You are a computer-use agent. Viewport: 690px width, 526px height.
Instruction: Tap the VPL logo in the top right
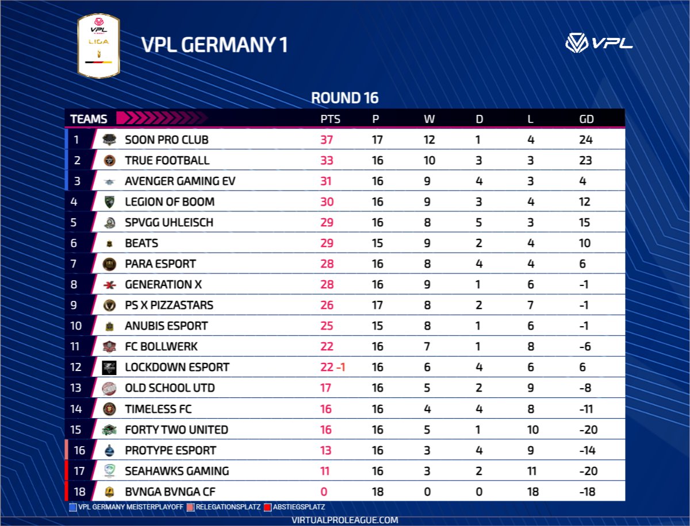tap(599, 42)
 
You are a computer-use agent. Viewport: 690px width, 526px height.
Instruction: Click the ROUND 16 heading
tap(344, 98)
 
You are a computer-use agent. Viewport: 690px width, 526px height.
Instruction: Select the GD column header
tap(586, 119)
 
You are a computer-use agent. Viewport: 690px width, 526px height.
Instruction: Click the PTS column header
tap(331, 119)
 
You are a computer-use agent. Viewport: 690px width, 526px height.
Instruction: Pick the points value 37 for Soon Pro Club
tap(327, 140)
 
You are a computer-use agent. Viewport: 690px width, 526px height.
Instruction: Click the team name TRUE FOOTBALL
tap(167, 160)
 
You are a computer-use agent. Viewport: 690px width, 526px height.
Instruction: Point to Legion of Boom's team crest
tap(109, 202)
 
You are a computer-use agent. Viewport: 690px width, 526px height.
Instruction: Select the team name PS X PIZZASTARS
tap(169, 305)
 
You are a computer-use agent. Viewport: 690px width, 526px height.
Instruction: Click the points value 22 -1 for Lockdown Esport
tap(333, 367)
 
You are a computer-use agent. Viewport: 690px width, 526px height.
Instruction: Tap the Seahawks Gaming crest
tap(109, 471)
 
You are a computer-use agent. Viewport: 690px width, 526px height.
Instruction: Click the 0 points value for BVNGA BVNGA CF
tap(324, 492)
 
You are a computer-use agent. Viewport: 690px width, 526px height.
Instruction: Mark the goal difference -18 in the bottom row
tap(587, 492)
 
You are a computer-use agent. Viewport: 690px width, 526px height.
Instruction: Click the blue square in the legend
tap(72, 508)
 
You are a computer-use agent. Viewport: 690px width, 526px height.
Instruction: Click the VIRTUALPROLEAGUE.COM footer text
tap(345, 520)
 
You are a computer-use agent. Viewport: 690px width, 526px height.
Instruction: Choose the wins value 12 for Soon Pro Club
tap(429, 140)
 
